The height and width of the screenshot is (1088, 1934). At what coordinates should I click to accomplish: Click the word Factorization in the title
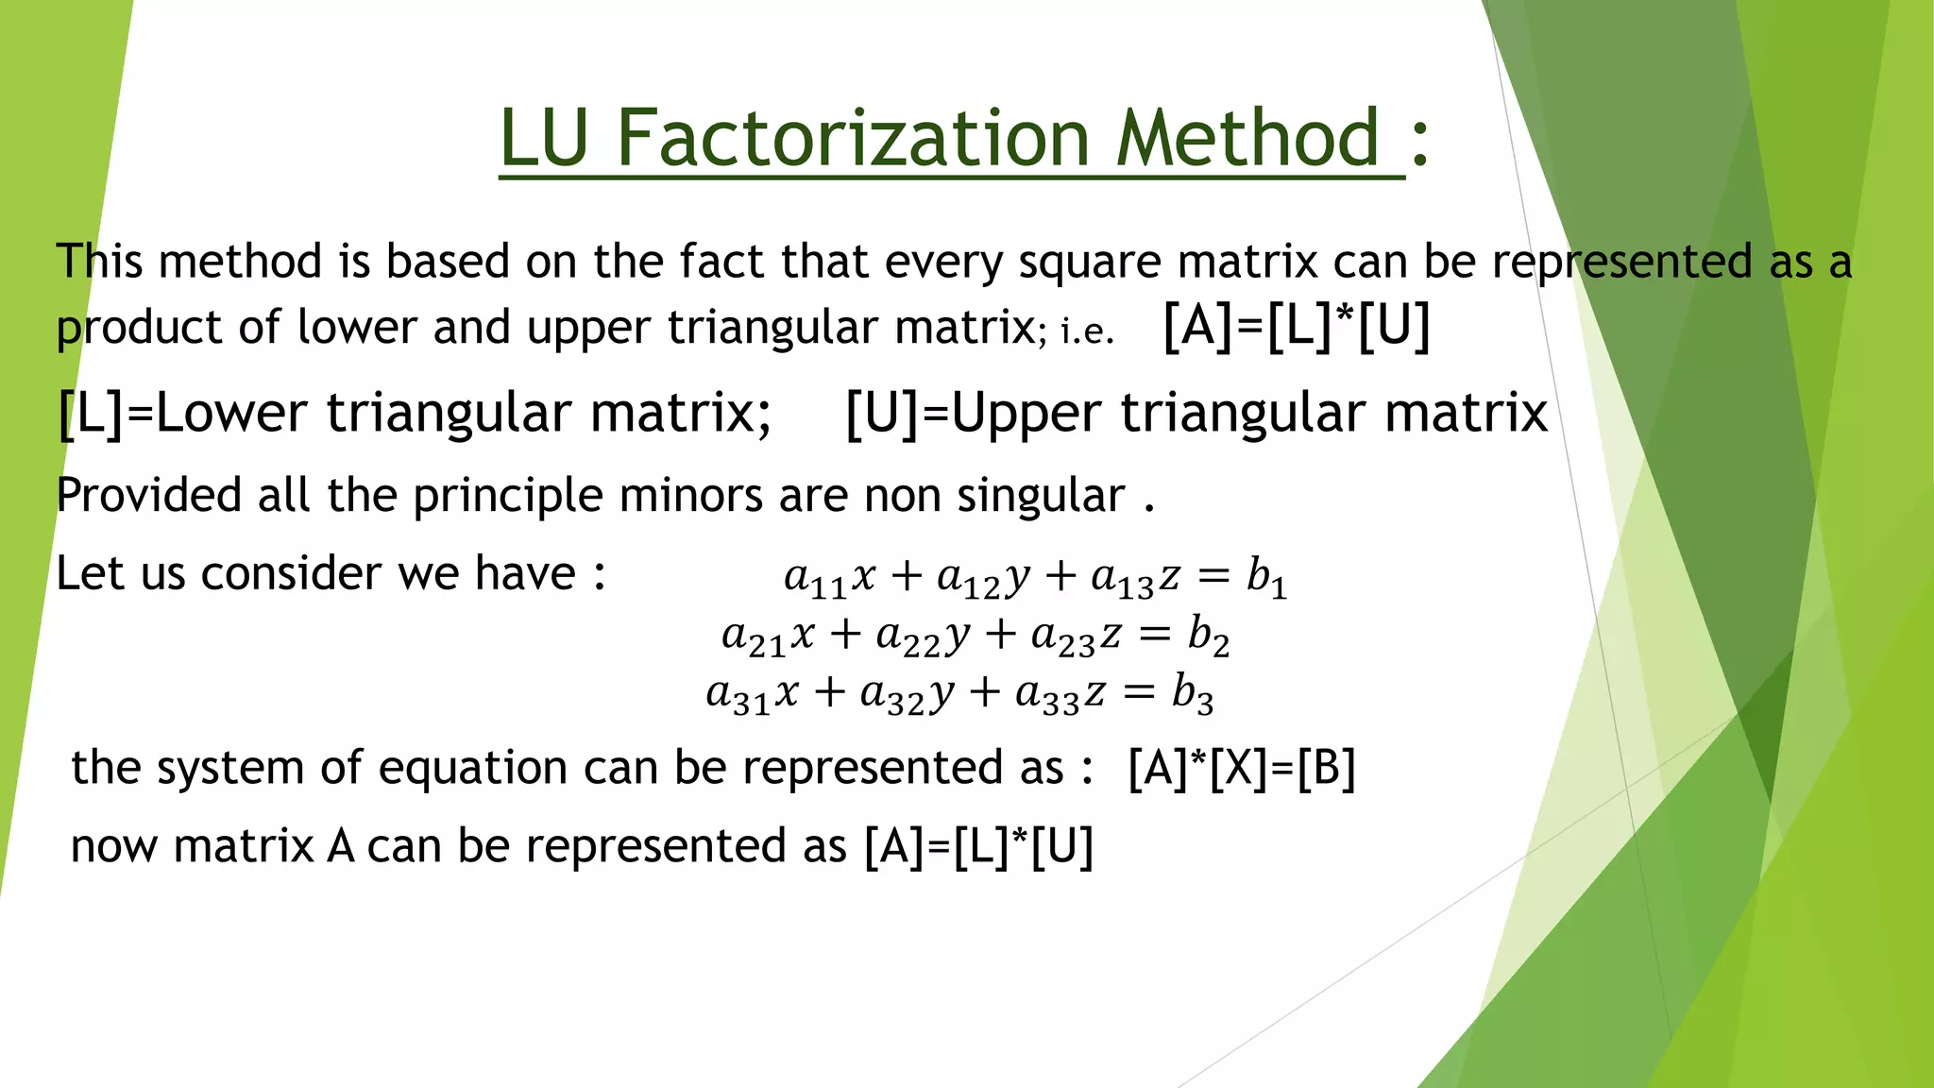[856, 139]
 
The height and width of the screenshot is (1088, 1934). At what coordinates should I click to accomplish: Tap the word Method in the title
[1248, 139]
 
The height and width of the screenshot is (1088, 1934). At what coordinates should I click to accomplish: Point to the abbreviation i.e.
[1087, 331]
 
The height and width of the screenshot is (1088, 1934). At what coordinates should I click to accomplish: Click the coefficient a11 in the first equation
[814, 578]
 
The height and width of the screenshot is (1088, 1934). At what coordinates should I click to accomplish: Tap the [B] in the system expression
[1326, 768]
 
